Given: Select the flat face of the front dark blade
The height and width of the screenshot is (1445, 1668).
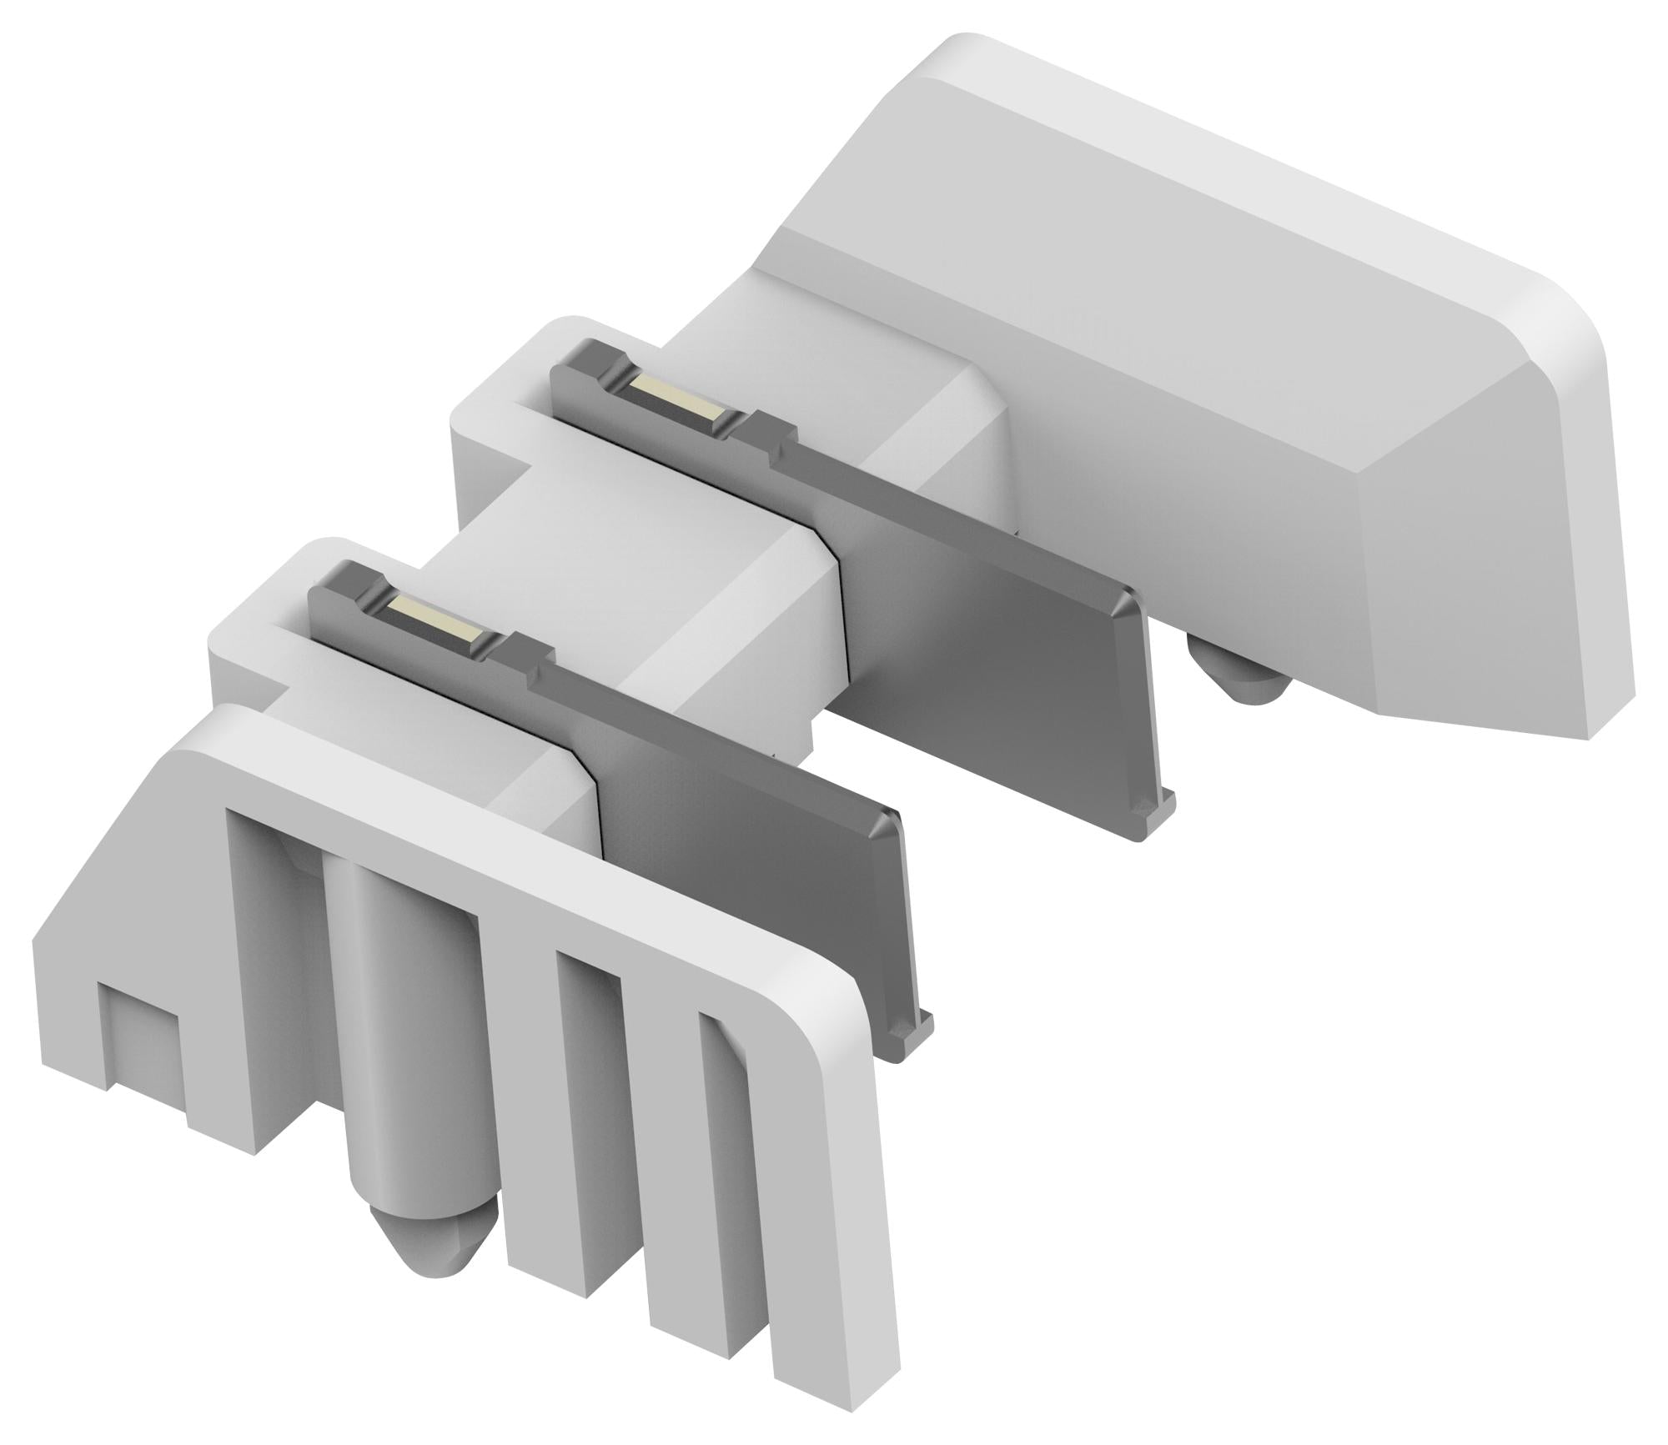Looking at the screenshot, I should pyautogui.click(x=751, y=876).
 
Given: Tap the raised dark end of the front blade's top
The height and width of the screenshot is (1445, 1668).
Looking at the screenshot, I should pyautogui.click(x=334, y=584).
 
